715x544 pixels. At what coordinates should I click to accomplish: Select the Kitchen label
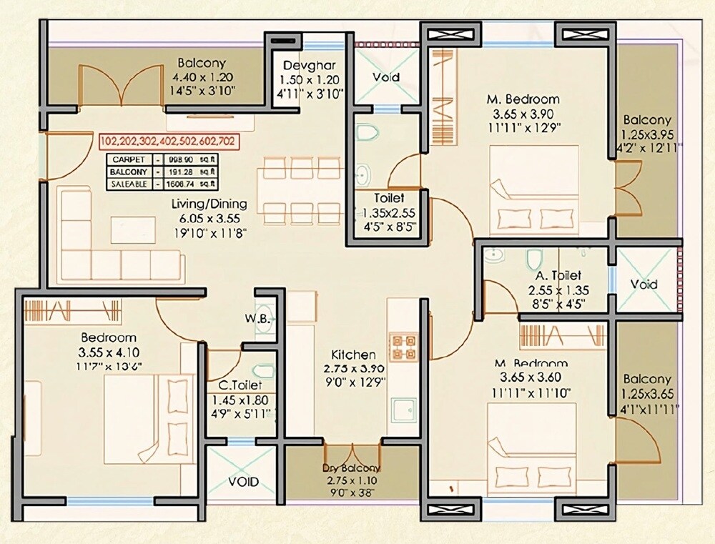point(353,355)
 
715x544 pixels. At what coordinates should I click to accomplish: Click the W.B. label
point(257,318)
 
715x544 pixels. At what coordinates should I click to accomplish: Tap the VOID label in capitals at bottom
point(244,482)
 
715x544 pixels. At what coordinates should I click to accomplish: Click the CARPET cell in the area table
point(129,159)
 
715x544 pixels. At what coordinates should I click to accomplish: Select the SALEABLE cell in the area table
point(129,184)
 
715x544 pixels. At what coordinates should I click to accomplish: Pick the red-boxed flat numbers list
point(169,141)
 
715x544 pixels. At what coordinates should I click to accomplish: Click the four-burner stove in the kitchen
point(402,345)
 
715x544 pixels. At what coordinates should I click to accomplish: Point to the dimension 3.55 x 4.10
point(108,352)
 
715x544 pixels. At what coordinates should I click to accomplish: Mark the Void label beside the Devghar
point(386,77)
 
